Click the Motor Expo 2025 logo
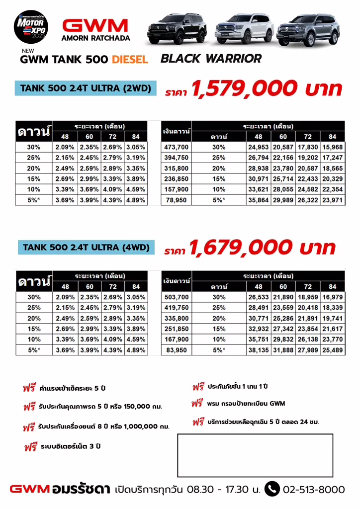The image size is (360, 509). (30, 27)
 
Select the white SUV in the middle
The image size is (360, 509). (244, 28)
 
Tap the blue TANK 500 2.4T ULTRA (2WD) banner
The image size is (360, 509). (86, 88)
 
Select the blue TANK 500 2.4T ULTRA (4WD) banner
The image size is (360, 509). (86, 247)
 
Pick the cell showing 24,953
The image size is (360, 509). (259, 147)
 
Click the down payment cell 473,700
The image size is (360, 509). (177, 147)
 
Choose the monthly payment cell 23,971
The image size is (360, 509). (332, 200)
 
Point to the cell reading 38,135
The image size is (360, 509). (259, 350)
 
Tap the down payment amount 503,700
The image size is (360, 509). (177, 297)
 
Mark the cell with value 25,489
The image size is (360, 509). (332, 350)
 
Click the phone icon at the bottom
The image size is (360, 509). (272, 489)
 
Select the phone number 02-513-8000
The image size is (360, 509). (313, 490)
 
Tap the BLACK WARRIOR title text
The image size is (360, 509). (211, 59)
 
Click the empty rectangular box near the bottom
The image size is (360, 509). (255, 455)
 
